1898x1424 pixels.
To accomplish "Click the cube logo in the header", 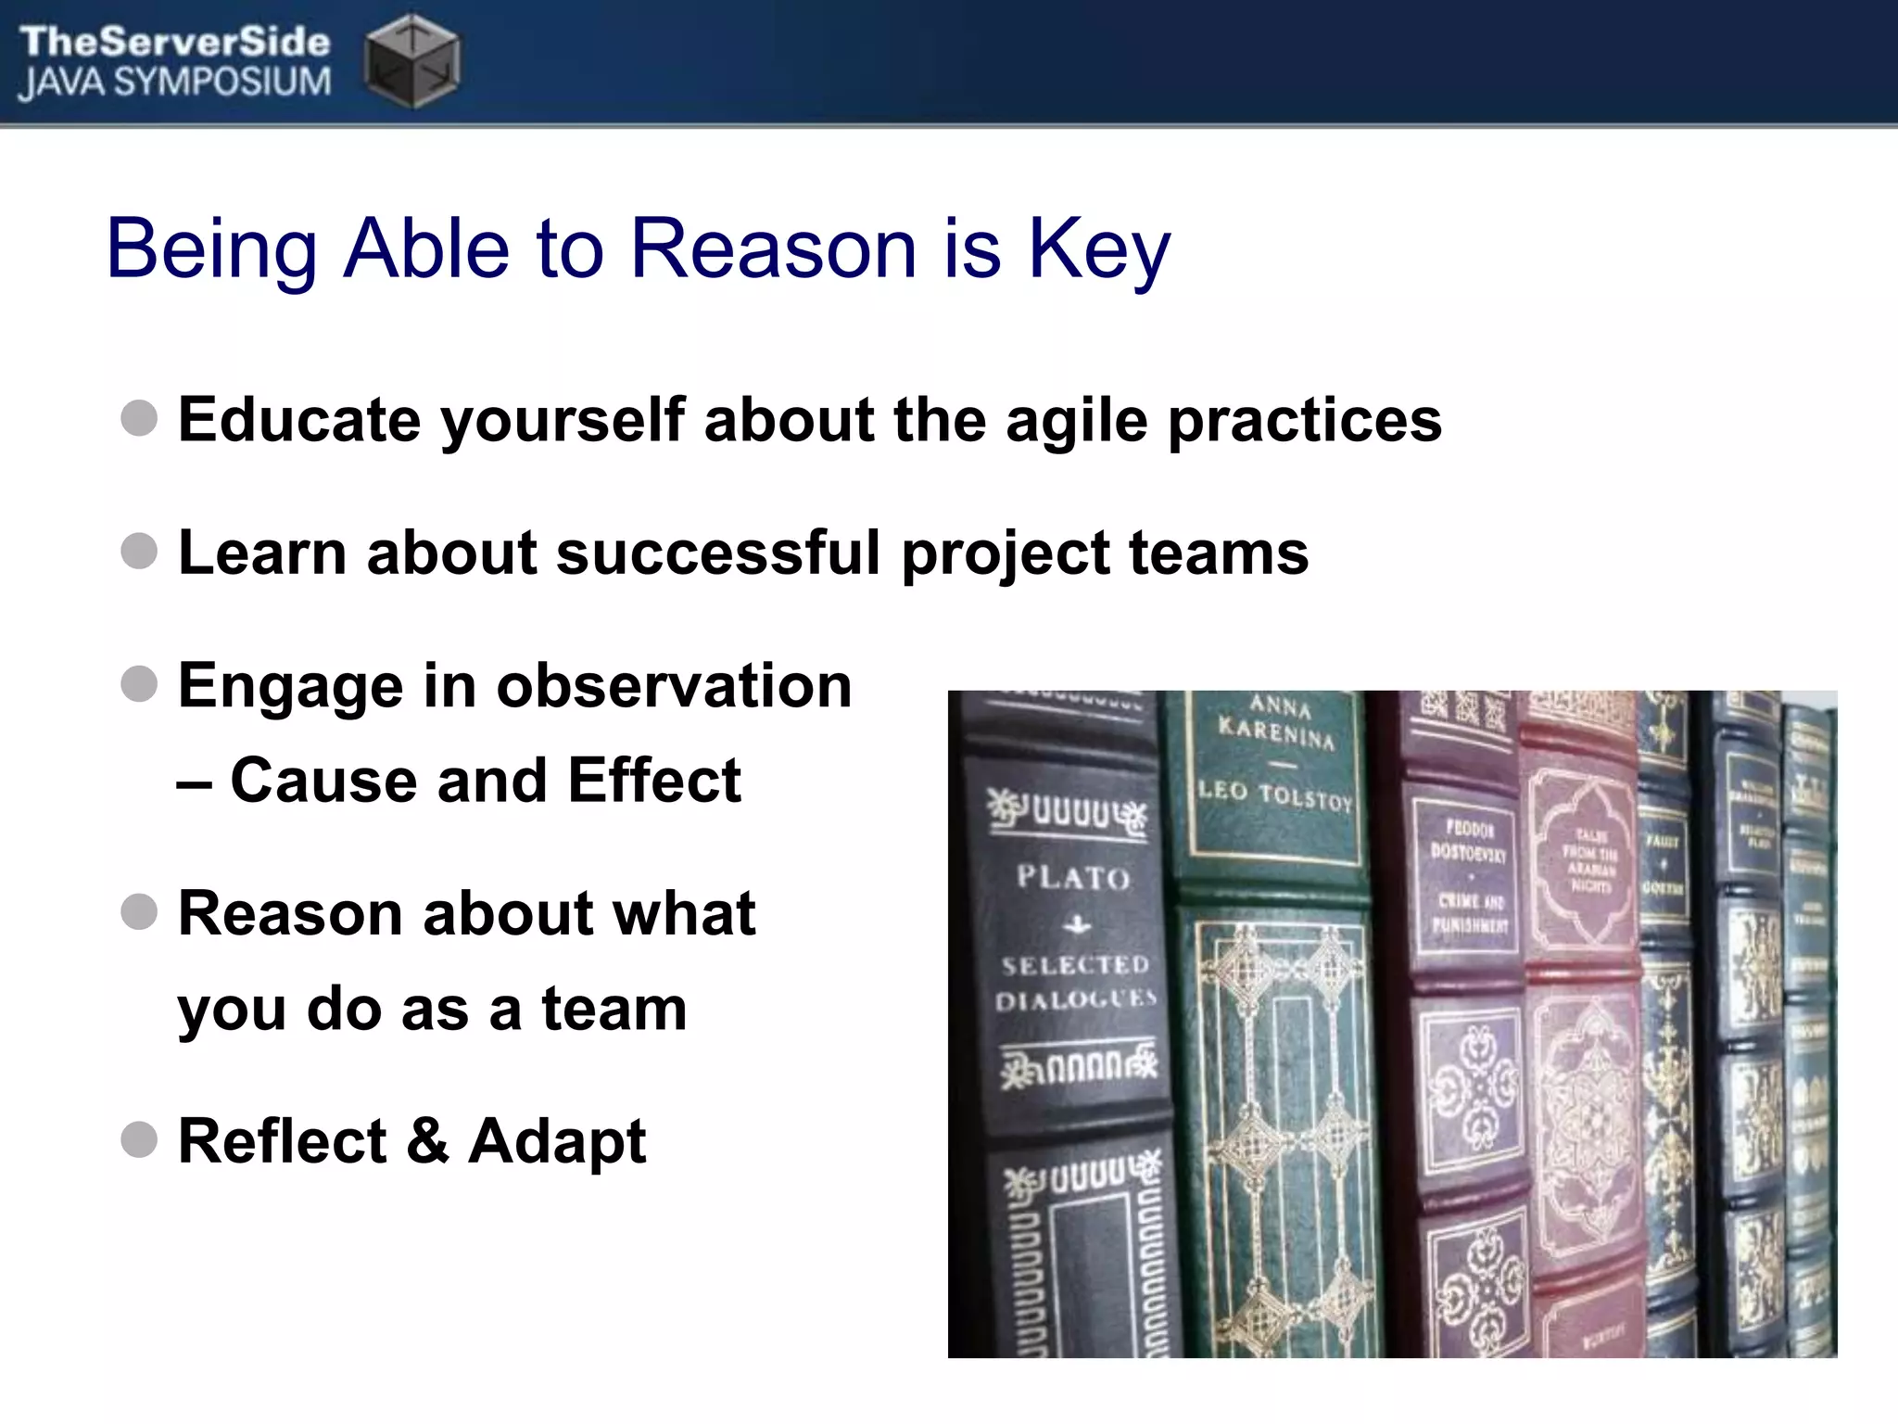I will coord(411,60).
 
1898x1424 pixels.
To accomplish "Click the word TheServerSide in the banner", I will coord(174,42).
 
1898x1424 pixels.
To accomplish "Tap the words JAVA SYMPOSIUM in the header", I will coord(174,83).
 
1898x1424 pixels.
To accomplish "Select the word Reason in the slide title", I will coord(774,248).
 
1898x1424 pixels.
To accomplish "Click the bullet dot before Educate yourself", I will coord(139,418).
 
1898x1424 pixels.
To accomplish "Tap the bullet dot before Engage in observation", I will coord(139,684).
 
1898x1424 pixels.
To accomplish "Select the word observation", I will coord(674,686).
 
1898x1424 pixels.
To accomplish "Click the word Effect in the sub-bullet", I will coord(653,780).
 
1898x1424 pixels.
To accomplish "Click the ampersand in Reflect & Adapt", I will coord(427,1140).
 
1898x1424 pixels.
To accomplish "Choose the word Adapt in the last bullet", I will coord(556,1141).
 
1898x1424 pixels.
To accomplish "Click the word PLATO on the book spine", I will coord(1073,876).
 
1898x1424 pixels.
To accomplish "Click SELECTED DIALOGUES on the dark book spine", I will coord(1075,983).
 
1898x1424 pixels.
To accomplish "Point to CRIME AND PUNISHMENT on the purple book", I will coord(1471,912).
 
